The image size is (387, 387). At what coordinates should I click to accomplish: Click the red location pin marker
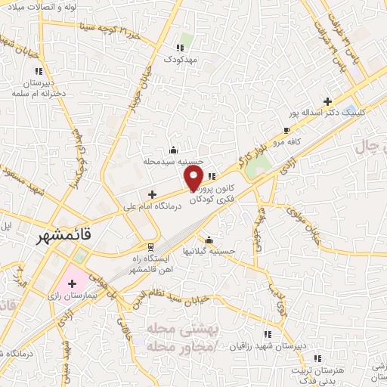click(x=193, y=177)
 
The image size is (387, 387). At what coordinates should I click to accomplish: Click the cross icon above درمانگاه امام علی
click(x=153, y=194)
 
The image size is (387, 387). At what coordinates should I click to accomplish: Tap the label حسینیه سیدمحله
click(x=174, y=161)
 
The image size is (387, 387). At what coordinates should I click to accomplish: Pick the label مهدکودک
click(x=180, y=58)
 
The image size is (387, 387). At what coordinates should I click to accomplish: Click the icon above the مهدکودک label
click(x=180, y=47)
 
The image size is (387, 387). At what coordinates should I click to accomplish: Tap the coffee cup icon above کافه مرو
click(x=286, y=130)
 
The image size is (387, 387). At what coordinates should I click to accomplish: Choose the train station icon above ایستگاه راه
click(x=151, y=246)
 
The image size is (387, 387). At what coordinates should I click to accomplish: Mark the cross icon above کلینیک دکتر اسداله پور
click(x=327, y=101)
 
